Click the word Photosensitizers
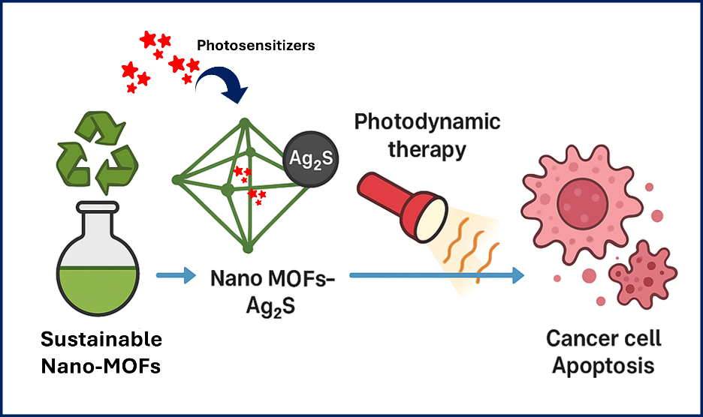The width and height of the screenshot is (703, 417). pos(256,46)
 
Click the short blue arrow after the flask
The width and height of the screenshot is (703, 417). pos(174,275)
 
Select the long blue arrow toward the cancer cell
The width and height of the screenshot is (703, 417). pos(436,275)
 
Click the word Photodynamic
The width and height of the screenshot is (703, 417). pos(427,121)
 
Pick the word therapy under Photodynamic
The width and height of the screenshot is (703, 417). pos(427,148)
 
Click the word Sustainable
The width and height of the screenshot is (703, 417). pos(101,340)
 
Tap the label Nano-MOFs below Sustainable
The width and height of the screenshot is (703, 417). pos(101,367)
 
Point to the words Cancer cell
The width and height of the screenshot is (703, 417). pos(604,339)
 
